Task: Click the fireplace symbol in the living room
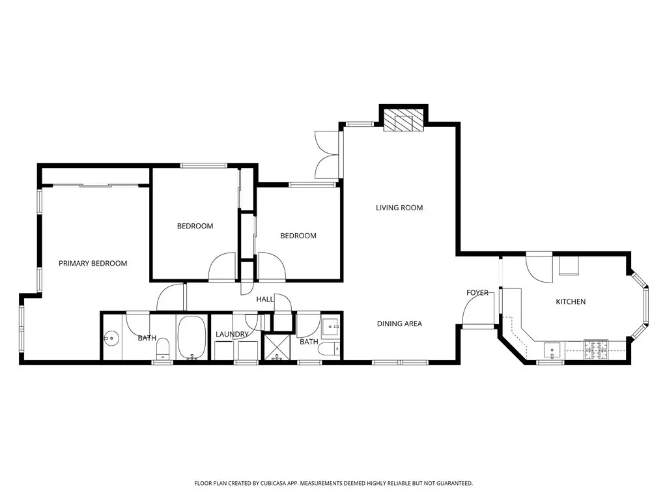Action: (403, 121)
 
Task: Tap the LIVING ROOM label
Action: (399, 208)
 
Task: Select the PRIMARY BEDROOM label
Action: (92, 263)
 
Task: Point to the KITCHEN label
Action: (570, 301)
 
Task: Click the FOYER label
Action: (477, 293)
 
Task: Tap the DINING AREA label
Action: (399, 324)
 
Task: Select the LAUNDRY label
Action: (232, 335)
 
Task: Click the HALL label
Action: (264, 299)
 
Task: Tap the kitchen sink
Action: (552, 350)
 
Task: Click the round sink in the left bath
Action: (111, 339)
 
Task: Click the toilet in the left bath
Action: (162, 348)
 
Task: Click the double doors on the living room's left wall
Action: (328, 155)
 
